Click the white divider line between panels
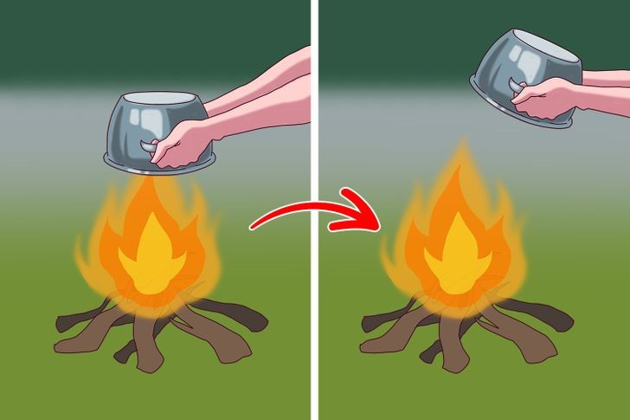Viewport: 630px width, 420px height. [x=315, y=208]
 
